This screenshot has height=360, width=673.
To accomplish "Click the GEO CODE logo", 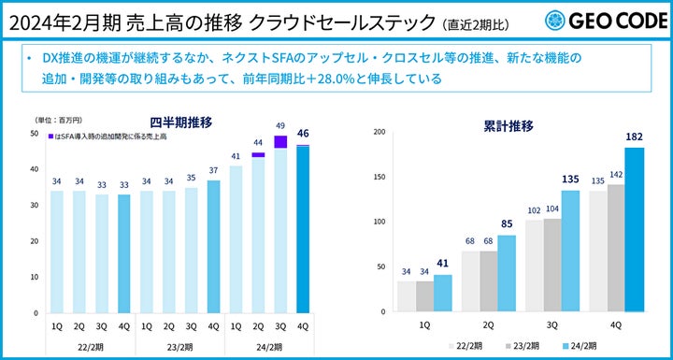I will click(602, 20).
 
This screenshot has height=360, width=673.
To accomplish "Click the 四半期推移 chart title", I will click(179, 122).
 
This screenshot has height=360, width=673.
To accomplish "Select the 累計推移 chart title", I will click(509, 122).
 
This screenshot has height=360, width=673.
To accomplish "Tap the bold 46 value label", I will click(303, 134).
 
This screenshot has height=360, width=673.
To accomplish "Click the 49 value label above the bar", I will click(279, 125).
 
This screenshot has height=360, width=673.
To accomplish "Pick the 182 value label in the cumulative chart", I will click(635, 137).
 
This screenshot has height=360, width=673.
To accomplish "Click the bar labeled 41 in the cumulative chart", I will click(443, 292).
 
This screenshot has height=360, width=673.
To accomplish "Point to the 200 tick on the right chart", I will click(379, 132).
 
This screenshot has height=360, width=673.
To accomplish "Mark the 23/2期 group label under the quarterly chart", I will click(179, 347).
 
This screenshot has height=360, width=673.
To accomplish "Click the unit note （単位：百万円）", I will click(58, 122).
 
